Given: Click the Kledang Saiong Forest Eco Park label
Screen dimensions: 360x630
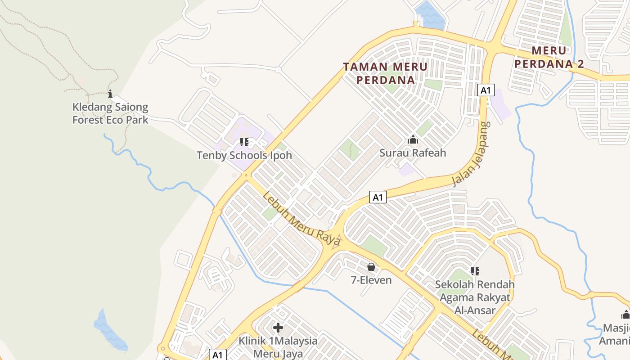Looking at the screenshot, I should click(x=110, y=113).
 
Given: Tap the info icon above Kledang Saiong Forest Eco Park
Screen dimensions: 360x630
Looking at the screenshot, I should click(x=110, y=94).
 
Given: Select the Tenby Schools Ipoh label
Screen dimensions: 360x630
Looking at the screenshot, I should click(x=244, y=155).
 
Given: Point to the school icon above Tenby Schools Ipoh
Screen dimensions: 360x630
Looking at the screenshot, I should click(x=244, y=143).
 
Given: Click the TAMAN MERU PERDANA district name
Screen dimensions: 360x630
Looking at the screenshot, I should click(x=385, y=73).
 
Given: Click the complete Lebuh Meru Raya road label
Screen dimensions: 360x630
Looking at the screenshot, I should click(x=301, y=220).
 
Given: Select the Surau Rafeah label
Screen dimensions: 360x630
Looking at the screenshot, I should click(x=413, y=153).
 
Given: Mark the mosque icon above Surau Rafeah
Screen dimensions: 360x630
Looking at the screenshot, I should click(x=413, y=140).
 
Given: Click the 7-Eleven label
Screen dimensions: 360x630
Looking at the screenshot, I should click(x=371, y=280).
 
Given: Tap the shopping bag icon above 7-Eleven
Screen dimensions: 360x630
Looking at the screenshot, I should click(x=371, y=267).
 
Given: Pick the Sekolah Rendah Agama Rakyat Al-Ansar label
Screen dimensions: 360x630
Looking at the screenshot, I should click(x=475, y=297).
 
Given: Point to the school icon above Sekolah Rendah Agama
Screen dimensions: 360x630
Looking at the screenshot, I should click(x=475, y=271).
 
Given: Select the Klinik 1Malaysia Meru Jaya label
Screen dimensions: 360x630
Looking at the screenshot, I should click(x=278, y=346).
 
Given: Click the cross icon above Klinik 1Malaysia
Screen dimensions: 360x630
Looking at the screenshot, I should click(x=278, y=327).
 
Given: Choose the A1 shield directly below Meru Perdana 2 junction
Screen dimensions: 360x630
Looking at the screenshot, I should click(x=486, y=90).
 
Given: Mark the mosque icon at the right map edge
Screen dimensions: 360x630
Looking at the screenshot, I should click(x=625, y=315).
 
